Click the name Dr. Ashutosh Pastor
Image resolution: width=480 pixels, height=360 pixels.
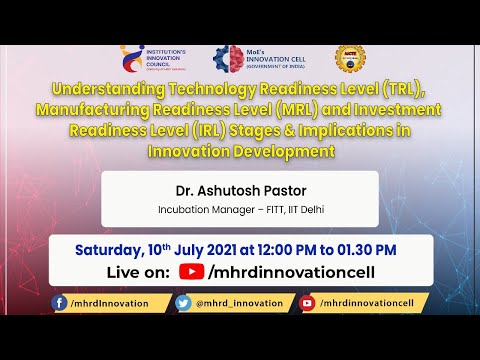(240, 190)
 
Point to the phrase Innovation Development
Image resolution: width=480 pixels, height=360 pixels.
(240, 150)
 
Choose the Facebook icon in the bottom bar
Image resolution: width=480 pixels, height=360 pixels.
(61, 303)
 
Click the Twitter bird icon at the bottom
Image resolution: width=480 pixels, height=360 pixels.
(183, 303)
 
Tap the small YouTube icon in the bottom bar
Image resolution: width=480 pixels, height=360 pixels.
(307, 303)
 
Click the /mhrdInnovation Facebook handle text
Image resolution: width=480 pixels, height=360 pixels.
(110, 303)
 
